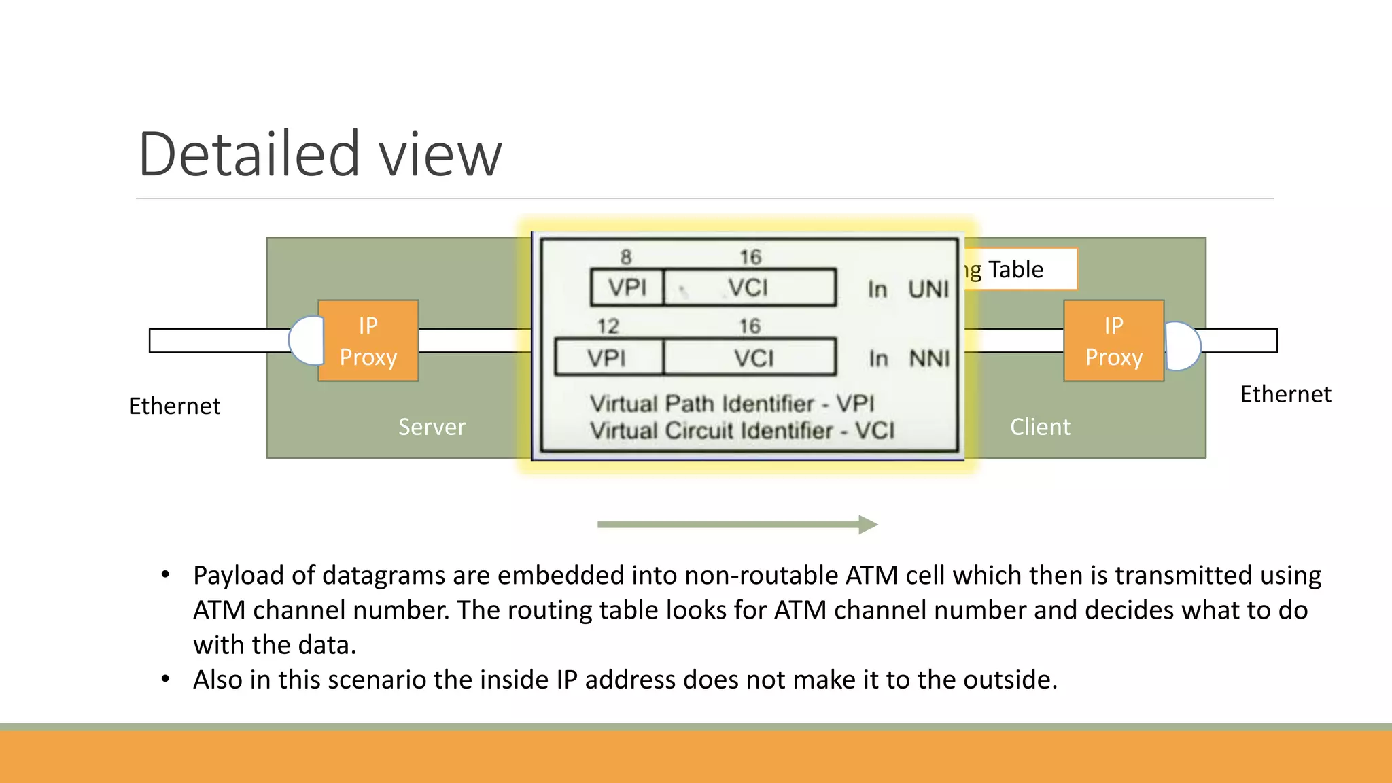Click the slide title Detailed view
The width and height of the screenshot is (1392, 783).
click(x=319, y=154)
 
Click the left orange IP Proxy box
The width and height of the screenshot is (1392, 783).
click(x=368, y=341)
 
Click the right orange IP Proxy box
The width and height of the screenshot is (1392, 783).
click(x=1113, y=341)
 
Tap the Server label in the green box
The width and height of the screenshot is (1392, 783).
click(x=432, y=427)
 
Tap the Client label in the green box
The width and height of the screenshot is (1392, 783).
click(x=1040, y=427)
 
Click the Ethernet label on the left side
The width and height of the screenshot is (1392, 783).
click(x=175, y=406)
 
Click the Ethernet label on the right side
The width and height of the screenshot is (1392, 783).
click(x=1285, y=394)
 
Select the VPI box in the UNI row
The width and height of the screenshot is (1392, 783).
click(x=627, y=288)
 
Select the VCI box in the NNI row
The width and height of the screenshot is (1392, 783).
click(x=750, y=358)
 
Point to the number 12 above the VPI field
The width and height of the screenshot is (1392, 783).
click(x=608, y=326)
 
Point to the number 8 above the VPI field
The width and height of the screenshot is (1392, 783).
click(x=626, y=257)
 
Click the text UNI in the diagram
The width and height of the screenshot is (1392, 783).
click(x=928, y=290)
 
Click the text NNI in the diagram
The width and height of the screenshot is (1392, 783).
click(x=929, y=358)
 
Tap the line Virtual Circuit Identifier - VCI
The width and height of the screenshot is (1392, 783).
click(x=742, y=431)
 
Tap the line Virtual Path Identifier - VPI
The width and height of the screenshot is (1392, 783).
click(x=731, y=404)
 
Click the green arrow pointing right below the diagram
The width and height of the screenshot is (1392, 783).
click(x=737, y=524)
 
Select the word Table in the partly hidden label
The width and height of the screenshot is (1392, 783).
click(x=1015, y=270)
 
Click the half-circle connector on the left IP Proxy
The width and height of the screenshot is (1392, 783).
click(x=306, y=341)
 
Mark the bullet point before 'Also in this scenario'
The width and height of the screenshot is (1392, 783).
click(x=165, y=679)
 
